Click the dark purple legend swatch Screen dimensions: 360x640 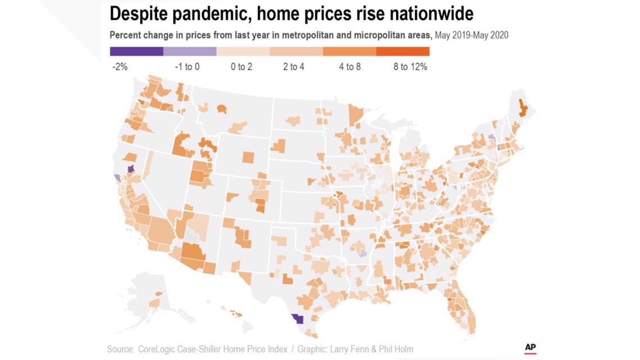pyautogui.click(x=136, y=51)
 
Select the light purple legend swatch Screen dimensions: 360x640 pyautogui.click(x=190, y=51)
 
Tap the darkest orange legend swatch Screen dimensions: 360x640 pyautogui.click(x=403, y=51)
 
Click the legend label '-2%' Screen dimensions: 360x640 pyautogui.click(x=120, y=67)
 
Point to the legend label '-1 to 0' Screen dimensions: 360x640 pyautogui.click(x=187, y=67)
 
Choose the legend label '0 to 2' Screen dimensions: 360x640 pyautogui.click(x=241, y=67)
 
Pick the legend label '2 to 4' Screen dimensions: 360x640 pyautogui.click(x=294, y=67)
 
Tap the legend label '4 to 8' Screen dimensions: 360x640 pyautogui.click(x=349, y=67)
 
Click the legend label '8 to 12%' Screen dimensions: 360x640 pyautogui.click(x=410, y=67)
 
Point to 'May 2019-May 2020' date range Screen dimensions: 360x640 pyautogui.click(x=472, y=35)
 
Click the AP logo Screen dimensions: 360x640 pyautogui.click(x=530, y=348)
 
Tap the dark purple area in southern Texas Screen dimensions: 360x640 pyautogui.click(x=297, y=320)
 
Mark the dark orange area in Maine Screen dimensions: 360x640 pyautogui.click(x=522, y=107)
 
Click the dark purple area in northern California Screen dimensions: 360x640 pyautogui.click(x=131, y=168)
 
